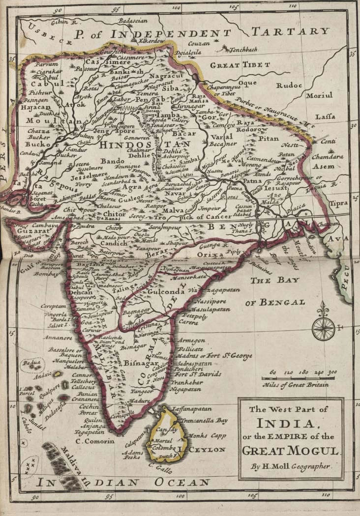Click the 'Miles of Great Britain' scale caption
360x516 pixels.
pyautogui.click(x=296, y=385)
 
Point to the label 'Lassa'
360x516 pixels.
pyautogui.click(x=325, y=117)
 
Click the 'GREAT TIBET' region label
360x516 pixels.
pyautogui.click(x=240, y=65)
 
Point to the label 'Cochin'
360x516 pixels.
pyautogui.click(x=90, y=407)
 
